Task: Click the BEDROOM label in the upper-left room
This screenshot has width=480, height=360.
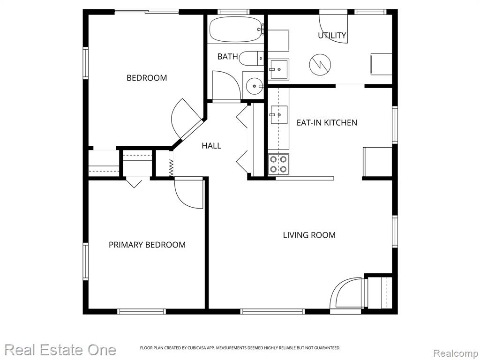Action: click(147, 78)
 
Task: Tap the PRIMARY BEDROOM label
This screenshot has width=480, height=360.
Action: click(147, 245)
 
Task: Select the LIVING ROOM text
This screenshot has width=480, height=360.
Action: click(309, 235)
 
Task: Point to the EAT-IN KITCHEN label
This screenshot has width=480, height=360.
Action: click(327, 123)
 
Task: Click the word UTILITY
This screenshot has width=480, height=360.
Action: click(332, 36)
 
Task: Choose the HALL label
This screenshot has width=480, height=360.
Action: click(211, 146)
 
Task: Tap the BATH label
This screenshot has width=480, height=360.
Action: click(227, 57)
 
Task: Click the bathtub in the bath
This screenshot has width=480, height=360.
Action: click(236, 30)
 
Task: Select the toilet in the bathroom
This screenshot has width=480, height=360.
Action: click(251, 58)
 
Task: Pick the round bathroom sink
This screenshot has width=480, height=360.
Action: click(254, 86)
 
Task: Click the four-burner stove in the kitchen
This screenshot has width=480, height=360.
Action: click(278, 164)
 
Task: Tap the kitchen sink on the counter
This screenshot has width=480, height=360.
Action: click(278, 115)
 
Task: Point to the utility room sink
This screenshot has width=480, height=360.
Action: click(278, 69)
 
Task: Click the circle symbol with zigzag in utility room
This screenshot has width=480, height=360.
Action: click(320, 65)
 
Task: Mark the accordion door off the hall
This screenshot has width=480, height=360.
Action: click(172, 164)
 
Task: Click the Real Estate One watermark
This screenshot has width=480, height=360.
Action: click(60, 350)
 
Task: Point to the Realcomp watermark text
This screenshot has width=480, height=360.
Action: click(456, 353)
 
